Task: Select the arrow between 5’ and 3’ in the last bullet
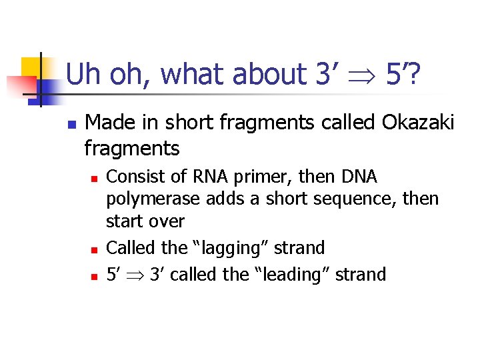(x=133, y=275)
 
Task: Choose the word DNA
(x=359, y=177)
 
